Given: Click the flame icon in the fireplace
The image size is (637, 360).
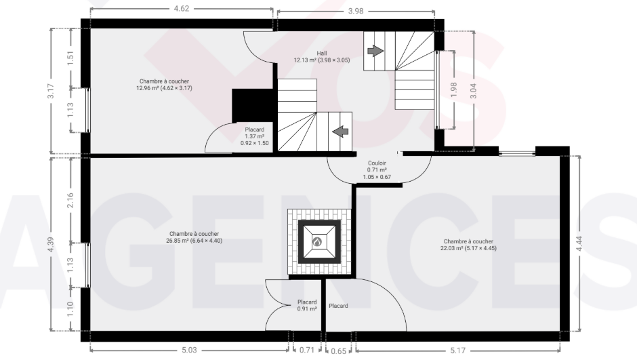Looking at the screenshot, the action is click(x=317, y=242).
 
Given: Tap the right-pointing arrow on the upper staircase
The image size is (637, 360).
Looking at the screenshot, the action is click(x=375, y=51).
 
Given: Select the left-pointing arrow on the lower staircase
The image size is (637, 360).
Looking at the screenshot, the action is click(x=340, y=132).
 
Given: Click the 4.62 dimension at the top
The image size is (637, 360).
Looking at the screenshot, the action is click(x=182, y=9).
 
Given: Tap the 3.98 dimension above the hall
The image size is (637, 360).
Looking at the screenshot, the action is click(x=356, y=12).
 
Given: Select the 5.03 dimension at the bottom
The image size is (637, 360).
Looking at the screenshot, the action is click(x=189, y=350).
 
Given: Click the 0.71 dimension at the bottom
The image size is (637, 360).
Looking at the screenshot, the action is click(x=307, y=350).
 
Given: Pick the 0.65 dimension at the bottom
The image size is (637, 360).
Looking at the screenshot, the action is click(x=338, y=351).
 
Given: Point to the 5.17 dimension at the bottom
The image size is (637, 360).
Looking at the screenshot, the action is click(x=458, y=351).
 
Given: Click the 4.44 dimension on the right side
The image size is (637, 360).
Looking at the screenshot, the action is click(x=579, y=244).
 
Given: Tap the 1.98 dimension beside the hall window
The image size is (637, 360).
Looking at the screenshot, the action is click(x=454, y=89).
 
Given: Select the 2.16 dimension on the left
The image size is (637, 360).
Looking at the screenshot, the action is click(x=70, y=200).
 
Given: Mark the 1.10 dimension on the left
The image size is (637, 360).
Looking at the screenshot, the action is click(x=70, y=309).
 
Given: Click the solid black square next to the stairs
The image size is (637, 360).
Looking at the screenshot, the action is click(x=252, y=105).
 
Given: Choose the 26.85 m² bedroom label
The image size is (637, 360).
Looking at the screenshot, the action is click(x=194, y=237).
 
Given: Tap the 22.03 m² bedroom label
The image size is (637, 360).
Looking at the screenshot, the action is click(x=468, y=245).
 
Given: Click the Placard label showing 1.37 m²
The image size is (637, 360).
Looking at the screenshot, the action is click(x=254, y=136).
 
